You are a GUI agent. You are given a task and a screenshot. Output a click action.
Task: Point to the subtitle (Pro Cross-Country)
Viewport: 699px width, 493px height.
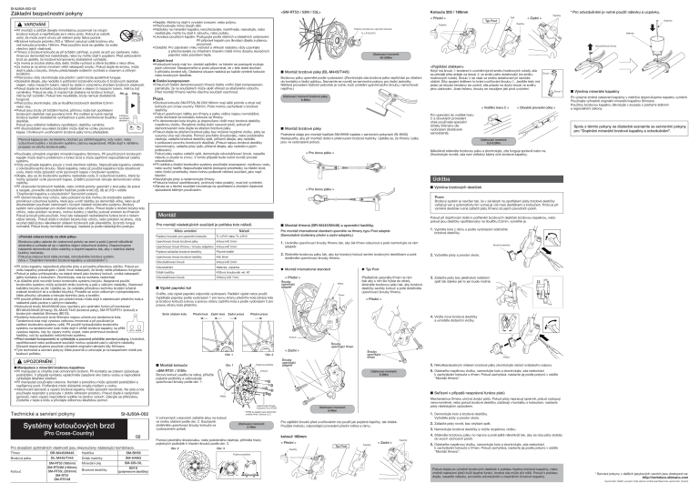coord(57,460)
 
